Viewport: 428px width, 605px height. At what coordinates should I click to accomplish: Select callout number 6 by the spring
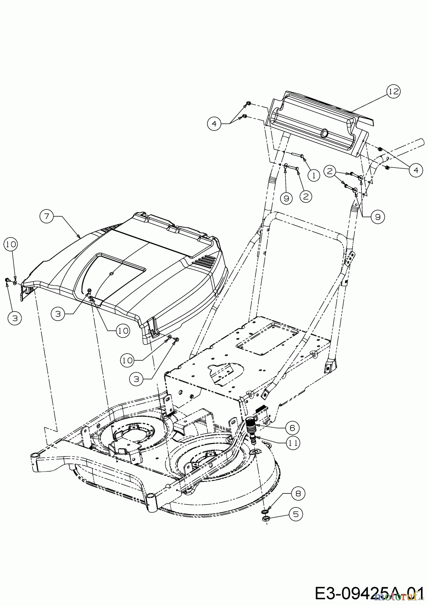click(x=292, y=428)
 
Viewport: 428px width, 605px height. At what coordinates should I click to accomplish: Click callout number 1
click(x=314, y=175)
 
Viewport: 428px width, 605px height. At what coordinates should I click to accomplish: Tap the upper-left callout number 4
click(x=214, y=124)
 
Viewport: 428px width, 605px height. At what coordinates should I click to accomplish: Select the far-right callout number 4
click(x=416, y=170)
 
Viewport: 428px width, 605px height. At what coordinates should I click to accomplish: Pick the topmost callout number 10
click(x=11, y=245)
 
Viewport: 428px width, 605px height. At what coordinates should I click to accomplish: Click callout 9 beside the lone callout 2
click(x=286, y=198)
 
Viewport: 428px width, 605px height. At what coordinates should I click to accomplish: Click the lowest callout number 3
click(x=136, y=379)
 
